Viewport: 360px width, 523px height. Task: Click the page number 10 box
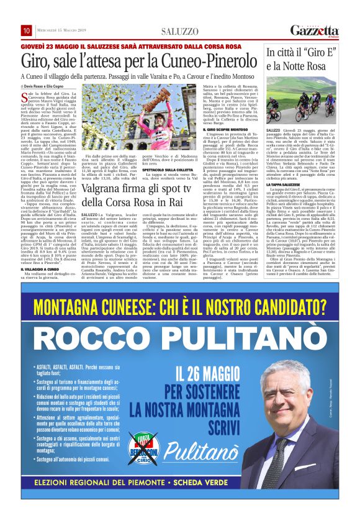27,30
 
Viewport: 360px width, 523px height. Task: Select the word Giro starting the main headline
35,61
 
